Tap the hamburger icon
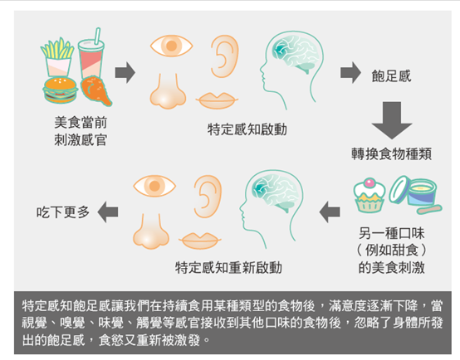tap(60, 90)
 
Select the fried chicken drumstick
tap(95, 90)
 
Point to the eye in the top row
tap(171, 46)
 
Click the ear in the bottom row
tap(208, 197)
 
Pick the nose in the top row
tap(168, 91)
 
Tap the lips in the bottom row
tap(200, 241)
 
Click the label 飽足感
tap(391, 76)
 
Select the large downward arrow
tap(392, 120)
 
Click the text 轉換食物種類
tap(392, 153)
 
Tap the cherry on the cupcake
tap(369, 183)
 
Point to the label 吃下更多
tap(63, 212)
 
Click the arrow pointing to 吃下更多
tap(108, 212)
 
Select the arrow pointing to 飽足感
tap(350, 72)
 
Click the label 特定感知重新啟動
tap(228, 267)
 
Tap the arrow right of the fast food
tap(125, 72)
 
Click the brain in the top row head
tap(296, 54)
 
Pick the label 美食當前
tap(81, 122)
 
